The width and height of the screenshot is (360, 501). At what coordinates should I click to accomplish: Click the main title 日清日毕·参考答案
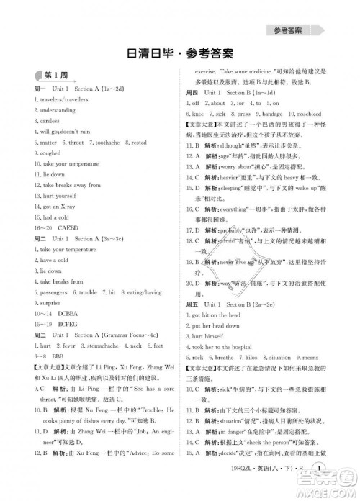(x=179, y=54)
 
